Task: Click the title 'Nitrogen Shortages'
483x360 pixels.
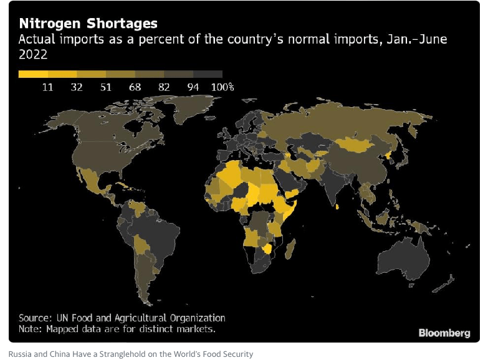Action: [88, 24]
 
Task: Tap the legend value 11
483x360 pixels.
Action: [48, 87]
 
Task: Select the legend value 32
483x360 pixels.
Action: [77, 87]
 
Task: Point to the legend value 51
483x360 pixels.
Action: [106, 87]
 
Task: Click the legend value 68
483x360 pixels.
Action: [135, 87]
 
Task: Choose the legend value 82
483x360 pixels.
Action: [164, 87]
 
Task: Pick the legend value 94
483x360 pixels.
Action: [193, 87]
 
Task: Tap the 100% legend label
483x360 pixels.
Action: [222, 87]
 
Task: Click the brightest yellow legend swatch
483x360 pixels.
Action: [33, 74]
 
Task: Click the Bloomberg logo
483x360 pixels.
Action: [444, 333]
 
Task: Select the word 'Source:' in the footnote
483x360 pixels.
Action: [35, 318]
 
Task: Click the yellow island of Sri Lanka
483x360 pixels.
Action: [337, 207]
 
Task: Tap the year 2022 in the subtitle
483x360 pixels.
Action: [33, 55]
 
